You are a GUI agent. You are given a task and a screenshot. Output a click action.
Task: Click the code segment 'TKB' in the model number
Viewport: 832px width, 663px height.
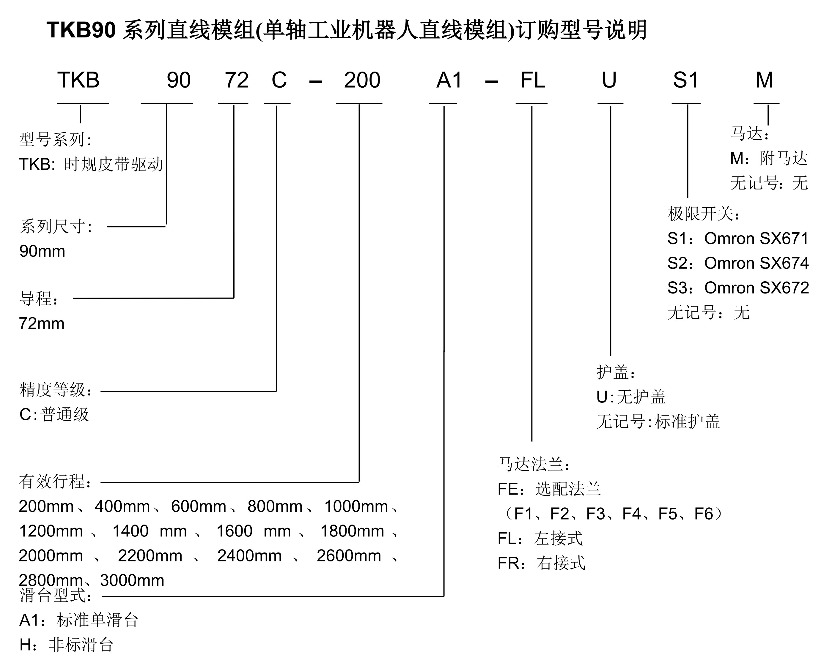tap(78, 80)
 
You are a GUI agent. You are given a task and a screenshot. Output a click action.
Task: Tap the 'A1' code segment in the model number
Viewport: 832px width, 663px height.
tap(449, 80)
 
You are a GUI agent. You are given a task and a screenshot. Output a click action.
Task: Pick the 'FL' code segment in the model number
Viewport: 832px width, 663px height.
tap(533, 80)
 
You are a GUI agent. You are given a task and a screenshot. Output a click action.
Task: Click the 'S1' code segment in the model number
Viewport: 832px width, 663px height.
tap(686, 80)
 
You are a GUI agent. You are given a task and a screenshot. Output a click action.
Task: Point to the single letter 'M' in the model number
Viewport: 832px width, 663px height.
tap(764, 80)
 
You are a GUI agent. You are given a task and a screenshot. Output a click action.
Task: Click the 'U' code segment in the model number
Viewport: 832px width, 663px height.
tap(609, 80)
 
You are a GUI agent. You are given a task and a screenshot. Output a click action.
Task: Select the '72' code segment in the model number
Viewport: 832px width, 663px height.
tap(237, 80)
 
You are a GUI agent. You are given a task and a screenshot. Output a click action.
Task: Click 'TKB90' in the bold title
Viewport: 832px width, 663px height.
tap(81, 30)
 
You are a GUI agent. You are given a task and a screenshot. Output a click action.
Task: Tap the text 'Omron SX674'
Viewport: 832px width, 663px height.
tap(756, 263)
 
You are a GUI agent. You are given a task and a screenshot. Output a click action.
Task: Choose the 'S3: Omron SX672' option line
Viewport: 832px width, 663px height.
tap(738, 288)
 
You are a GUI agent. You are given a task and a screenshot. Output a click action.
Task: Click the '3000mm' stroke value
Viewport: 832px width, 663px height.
tap(132, 580)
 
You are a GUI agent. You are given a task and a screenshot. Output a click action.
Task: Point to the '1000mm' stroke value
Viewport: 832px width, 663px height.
tap(356, 506)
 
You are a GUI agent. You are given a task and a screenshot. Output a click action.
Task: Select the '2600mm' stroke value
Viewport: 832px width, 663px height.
tap(349, 556)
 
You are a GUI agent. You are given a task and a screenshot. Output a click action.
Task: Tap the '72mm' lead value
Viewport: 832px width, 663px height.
tap(42, 323)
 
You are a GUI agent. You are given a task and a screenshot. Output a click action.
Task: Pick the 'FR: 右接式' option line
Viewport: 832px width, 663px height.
tap(541, 563)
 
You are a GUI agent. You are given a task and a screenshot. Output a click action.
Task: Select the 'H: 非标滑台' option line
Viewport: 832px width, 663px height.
tap(66, 645)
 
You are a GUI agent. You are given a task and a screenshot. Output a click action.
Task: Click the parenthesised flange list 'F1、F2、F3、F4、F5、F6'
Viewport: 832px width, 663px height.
tap(614, 514)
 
